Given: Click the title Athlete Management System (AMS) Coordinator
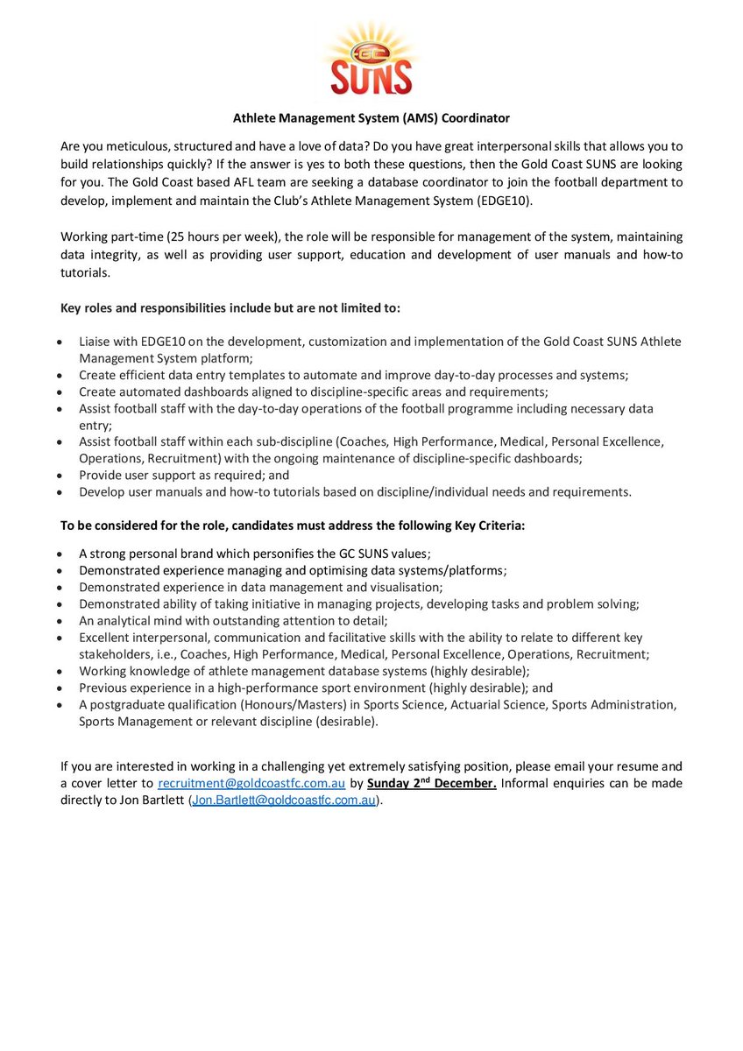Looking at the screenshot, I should (371, 116).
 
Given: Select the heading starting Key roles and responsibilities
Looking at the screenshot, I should (230, 309).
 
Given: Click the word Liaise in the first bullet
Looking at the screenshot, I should (96, 342).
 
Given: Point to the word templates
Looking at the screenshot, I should (256, 375).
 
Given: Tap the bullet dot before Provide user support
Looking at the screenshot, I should (58, 476).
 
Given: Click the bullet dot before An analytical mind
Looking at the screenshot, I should (58, 621).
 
